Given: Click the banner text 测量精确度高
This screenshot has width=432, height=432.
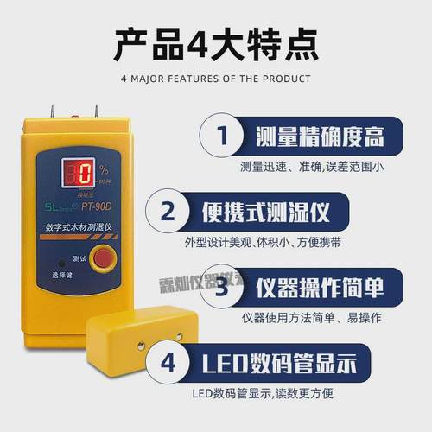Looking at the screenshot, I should [x=318, y=137].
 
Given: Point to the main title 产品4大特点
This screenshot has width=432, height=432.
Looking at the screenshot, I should [x=216, y=41].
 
